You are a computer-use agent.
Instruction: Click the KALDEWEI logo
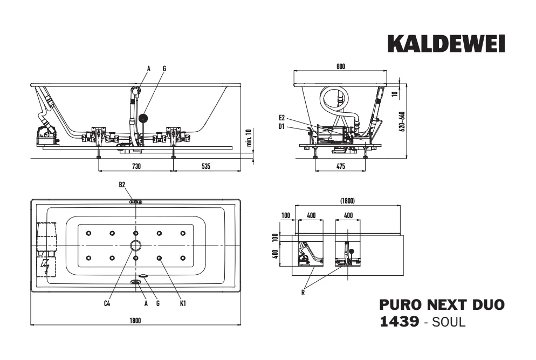446,44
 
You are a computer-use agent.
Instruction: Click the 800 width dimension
341,66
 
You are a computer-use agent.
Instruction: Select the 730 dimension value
136,166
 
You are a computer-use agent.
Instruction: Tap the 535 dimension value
206,166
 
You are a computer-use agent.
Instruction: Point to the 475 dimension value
341,166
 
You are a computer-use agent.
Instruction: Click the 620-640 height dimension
402,121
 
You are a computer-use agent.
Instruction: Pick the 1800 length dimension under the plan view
135,321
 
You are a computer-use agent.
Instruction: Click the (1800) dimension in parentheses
347,201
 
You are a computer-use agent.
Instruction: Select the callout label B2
122,185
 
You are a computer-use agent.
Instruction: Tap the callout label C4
107,303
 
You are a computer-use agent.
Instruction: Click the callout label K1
183,303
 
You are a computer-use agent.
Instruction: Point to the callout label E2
281,118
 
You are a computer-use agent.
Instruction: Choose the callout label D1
281,127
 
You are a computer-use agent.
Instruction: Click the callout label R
303,293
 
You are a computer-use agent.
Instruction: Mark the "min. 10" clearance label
249,137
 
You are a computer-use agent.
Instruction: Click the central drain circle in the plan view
136,245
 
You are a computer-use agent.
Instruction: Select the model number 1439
399,322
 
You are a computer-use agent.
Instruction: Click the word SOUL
449,322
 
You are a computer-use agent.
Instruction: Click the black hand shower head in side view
143,118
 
